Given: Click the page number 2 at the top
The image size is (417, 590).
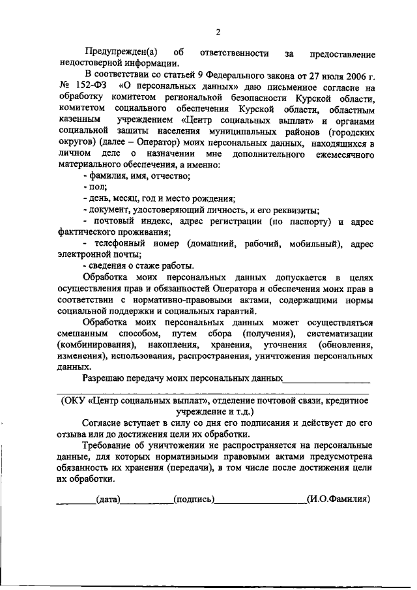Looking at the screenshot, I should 219,32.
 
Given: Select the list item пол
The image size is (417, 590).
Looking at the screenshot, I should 97,187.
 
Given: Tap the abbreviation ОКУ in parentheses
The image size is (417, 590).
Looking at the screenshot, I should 75,401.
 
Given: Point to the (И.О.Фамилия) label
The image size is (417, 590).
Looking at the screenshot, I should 338,500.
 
